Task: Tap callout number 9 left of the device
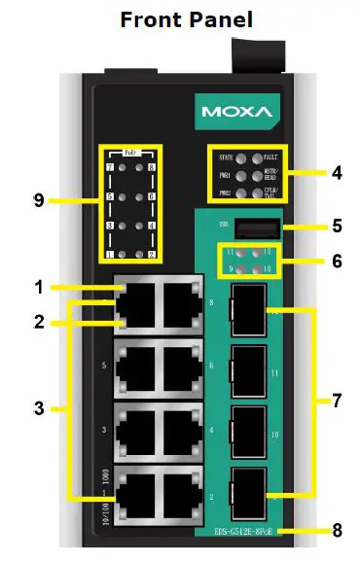pyautogui.click(x=39, y=200)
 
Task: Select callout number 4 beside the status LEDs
pyautogui.click(x=336, y=174)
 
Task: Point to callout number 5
pyautogui.click(x=336, y=227)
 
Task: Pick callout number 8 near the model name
pyautogui.click(x=336, y=531)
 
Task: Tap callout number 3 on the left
pyautogui.click(x=39, y=408)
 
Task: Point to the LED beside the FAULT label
pyautogui.click(x=259, y=157)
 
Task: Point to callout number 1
pyautogui.click(x=39, y=288)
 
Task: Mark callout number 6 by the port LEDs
pyautogui.click(x=336, y=260)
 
